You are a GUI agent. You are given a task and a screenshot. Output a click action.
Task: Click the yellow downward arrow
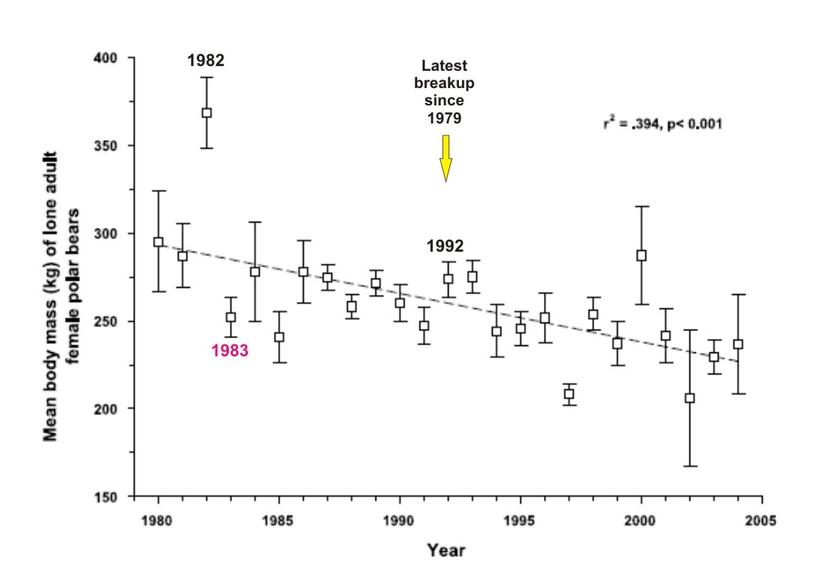445,157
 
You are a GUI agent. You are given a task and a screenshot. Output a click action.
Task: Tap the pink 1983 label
230,352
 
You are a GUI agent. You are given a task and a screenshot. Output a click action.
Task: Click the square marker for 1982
206,112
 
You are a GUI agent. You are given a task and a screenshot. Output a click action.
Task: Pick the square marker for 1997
568,394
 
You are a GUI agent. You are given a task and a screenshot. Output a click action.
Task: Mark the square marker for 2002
689,398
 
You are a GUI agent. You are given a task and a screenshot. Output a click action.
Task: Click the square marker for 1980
158,242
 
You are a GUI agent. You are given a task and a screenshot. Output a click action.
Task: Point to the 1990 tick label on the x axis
399,521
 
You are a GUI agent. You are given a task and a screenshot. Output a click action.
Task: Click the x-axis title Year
445,551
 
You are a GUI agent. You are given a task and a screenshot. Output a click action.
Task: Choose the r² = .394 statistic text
663,123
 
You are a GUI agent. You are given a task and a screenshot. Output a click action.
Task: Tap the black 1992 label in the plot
445,246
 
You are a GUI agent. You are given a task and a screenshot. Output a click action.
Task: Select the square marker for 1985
279,337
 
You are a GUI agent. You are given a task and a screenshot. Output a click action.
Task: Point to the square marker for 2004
738,344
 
